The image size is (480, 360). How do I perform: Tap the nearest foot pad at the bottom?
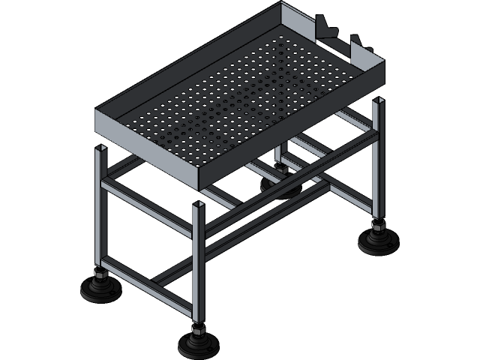point(197,346)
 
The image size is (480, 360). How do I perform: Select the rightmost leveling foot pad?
point(377,241)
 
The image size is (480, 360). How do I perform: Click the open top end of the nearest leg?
point(199,204)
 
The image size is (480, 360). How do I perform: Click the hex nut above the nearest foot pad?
point(197,330)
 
